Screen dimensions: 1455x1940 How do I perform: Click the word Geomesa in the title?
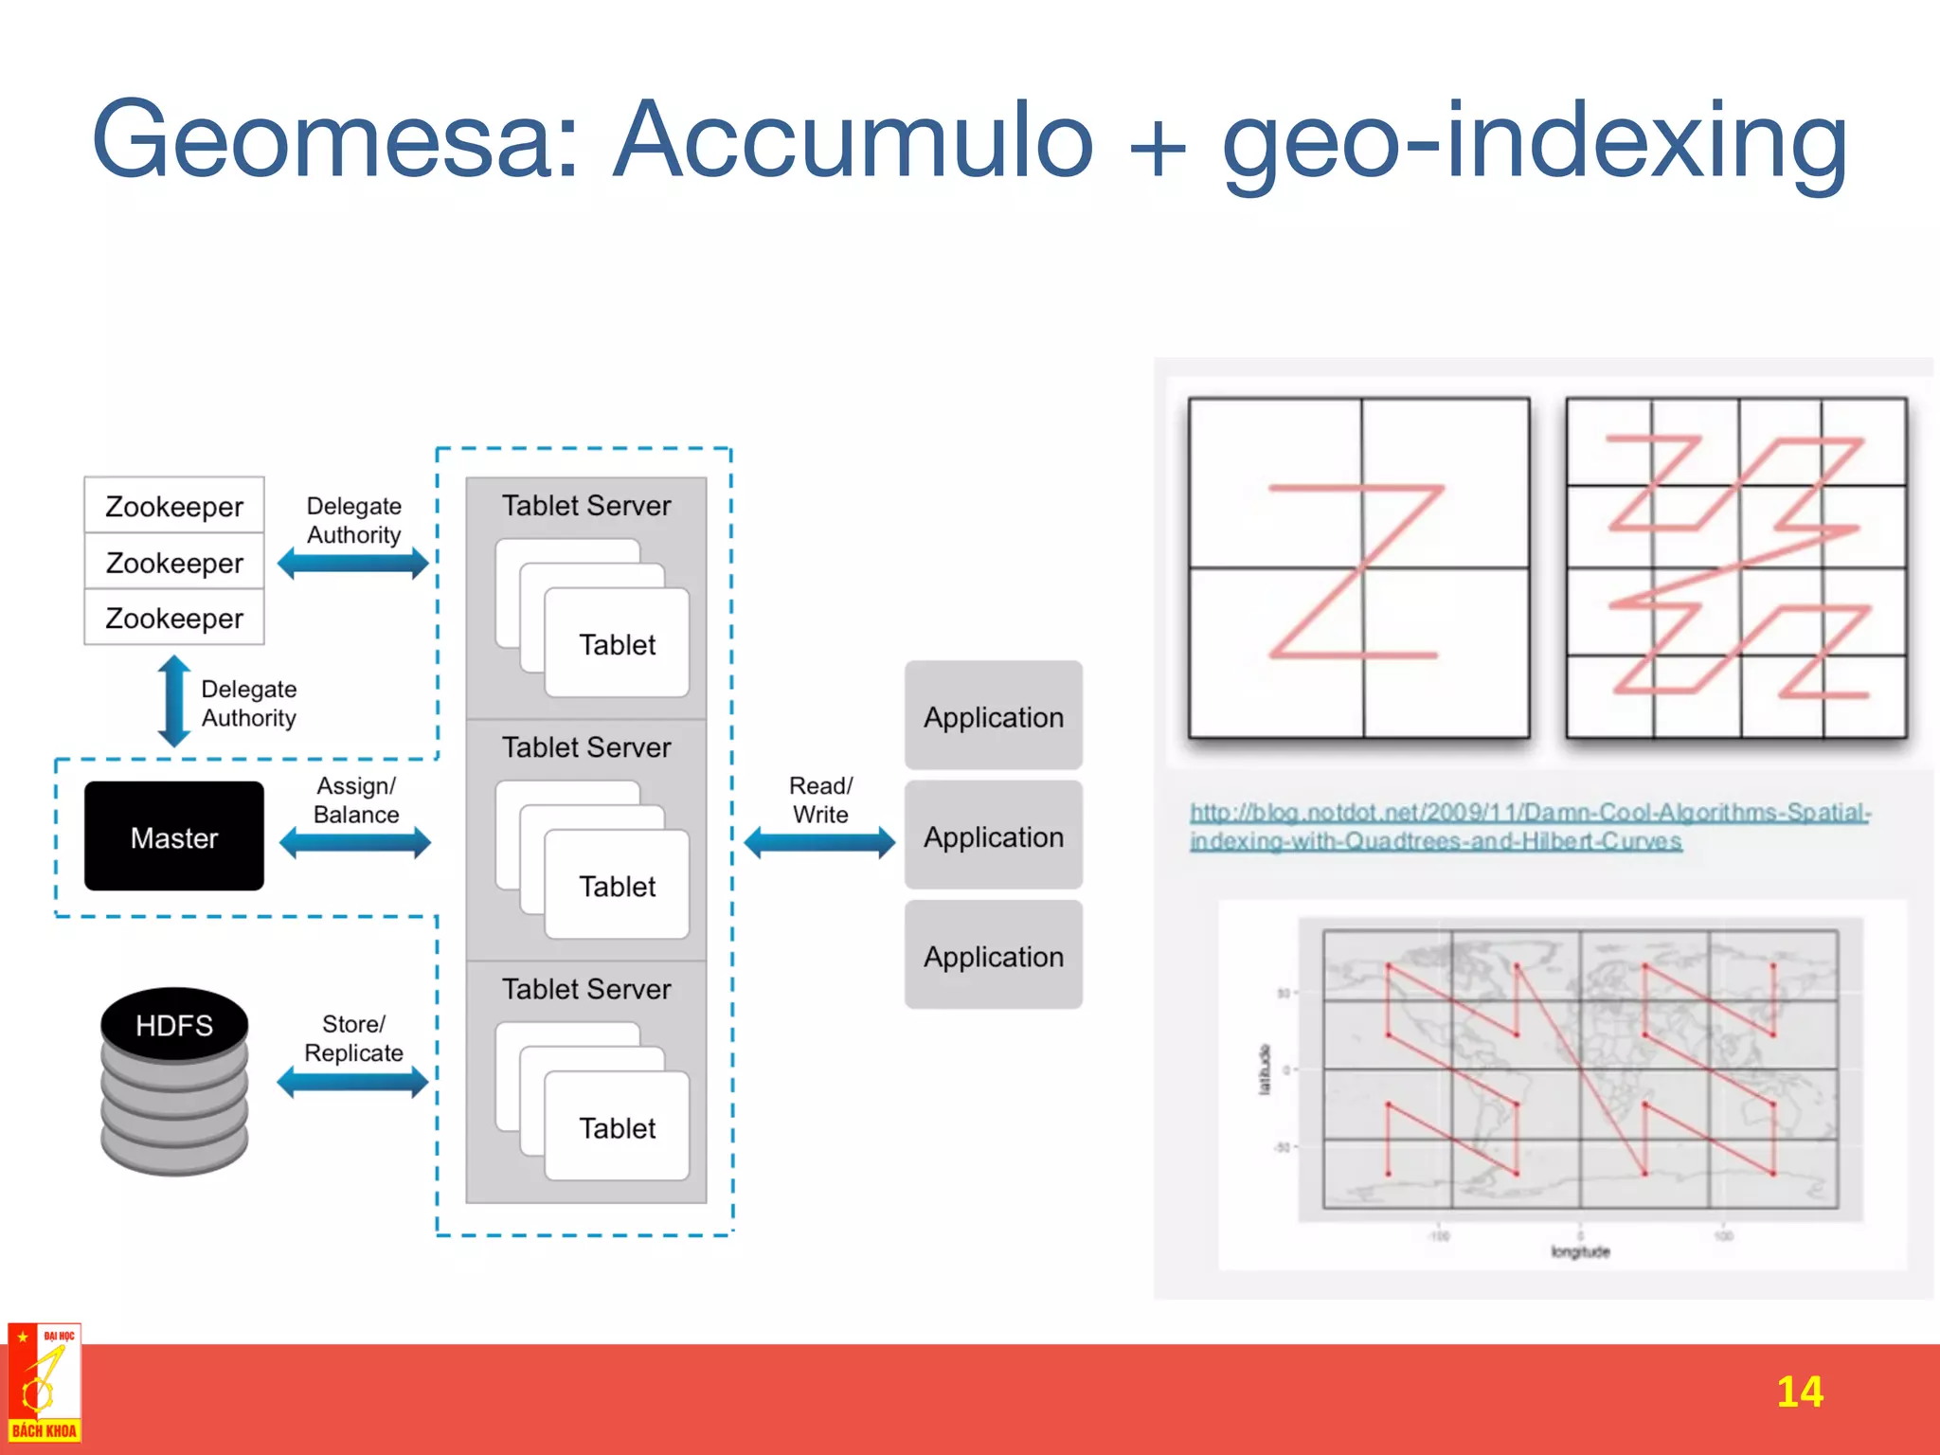(336, 140)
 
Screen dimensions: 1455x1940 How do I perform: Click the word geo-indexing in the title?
(1535, 142)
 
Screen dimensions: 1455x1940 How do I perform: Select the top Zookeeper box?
(174, 506)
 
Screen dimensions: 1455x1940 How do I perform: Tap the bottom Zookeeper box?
(174, 618)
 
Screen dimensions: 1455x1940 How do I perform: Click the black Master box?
(174, 836)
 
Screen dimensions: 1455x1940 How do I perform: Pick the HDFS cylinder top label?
(174, 1025)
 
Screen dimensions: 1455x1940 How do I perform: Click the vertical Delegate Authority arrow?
(173, 701)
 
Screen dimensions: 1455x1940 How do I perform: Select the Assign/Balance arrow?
(355, 842)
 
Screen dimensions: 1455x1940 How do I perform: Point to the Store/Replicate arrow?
(353, 1082)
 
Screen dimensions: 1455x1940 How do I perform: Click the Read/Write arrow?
(819, 841)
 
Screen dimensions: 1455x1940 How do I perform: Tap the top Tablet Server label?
(586, 505)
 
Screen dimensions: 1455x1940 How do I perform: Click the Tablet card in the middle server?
(617, 886)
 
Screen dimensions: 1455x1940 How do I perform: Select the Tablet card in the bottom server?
(617, 1127)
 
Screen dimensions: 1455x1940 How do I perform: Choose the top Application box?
(994, 716)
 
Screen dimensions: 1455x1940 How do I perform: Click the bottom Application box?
(994, 956)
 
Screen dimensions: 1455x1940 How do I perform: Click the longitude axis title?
(1580, 1251)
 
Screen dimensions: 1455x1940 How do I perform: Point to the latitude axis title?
(1264, 1069)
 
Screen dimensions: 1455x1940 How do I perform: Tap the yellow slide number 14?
(1799, 1392)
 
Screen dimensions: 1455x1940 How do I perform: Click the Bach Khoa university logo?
(45, 1383)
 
